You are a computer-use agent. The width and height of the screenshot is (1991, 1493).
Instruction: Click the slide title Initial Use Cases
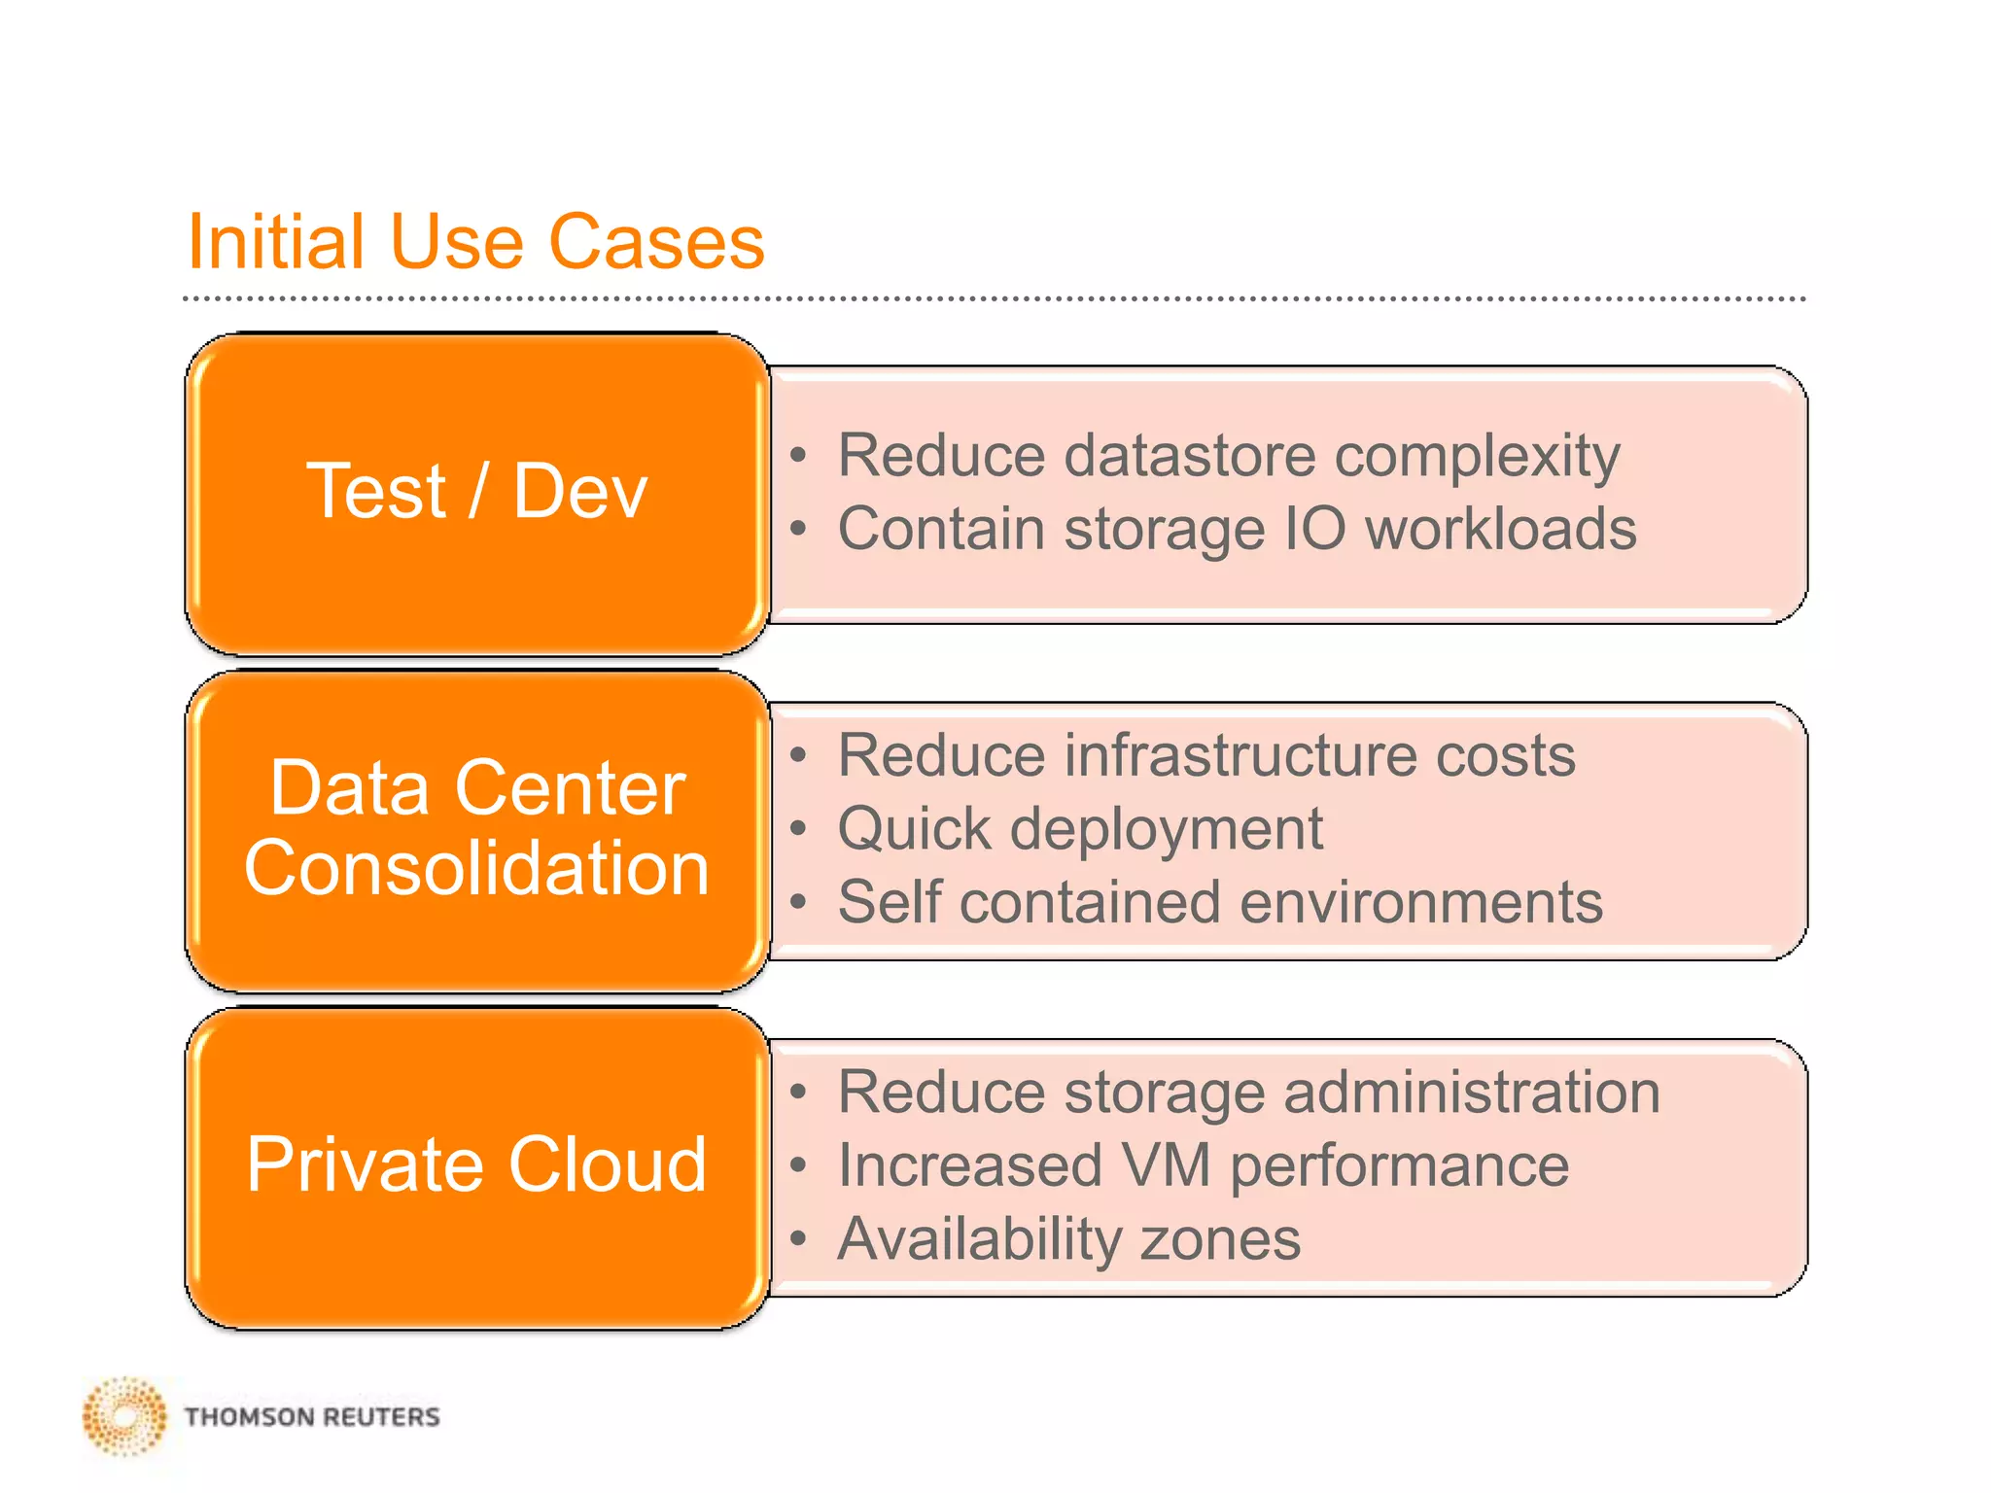coord(475,242)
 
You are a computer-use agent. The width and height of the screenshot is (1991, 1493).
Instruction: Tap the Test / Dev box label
coord(476,492)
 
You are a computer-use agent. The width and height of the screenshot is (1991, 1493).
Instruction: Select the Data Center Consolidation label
coord(476,827)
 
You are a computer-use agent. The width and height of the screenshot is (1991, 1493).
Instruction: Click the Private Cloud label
coord(476,1164)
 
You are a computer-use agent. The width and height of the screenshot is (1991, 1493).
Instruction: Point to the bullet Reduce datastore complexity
coord(1229,456)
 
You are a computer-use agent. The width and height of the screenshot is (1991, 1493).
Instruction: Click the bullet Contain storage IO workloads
coord(1237,530)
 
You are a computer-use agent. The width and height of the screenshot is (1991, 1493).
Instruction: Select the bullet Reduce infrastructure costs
coord(1206,755)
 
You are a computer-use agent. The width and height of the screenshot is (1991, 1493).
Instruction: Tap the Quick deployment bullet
coord(1080,829)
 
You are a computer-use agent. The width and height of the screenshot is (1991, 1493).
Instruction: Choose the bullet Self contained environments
coord(1220,902)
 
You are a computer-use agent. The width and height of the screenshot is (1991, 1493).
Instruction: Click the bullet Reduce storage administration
coord(1249,1093)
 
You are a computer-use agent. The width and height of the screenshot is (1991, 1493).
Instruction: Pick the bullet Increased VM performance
coord(1204,1165)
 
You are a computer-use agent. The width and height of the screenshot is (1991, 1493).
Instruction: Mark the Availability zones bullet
coord(1069,1239)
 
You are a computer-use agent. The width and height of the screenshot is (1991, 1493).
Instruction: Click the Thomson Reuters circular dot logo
coord(124,1416)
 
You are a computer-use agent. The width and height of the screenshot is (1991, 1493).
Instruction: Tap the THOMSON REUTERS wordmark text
coord(312,1417)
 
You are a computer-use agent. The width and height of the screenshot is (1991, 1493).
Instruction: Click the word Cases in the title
coord(657,242)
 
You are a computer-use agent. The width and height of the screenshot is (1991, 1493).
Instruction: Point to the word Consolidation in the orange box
coord(476,868)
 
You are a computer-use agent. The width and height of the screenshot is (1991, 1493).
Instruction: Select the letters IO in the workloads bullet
coord(1315,530)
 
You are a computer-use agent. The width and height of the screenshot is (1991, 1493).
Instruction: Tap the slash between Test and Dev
coord(478,492)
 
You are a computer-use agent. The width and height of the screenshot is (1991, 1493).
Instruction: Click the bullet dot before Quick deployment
coord(799,829)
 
